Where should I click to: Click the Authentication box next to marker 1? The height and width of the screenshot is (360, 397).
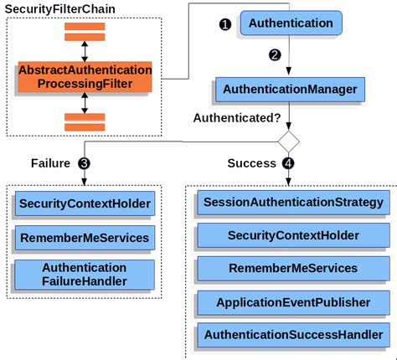[x=291, y=23]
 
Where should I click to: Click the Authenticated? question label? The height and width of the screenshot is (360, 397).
[x=237, y=118]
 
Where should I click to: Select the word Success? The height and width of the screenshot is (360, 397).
[x=251, y=162]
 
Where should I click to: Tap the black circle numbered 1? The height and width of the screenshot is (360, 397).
[x=224, y=24]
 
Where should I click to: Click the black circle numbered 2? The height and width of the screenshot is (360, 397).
[x=274, y=55]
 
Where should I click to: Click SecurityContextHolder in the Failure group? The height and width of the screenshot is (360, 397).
[x=85, y=203]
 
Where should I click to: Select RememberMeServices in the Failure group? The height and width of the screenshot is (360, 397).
[x=85, y=238]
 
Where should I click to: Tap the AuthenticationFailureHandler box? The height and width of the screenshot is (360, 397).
[x=85, y=274]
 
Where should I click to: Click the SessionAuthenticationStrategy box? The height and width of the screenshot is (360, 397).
[x=293, y=202]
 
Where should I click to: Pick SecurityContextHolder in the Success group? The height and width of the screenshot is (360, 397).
[x=293, y=235]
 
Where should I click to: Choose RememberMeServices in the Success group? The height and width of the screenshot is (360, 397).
[x=293, y=269]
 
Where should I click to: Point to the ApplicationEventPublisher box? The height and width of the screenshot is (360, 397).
[x=293, y=302]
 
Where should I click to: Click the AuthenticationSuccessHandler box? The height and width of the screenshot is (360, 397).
[x=293, y=336]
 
